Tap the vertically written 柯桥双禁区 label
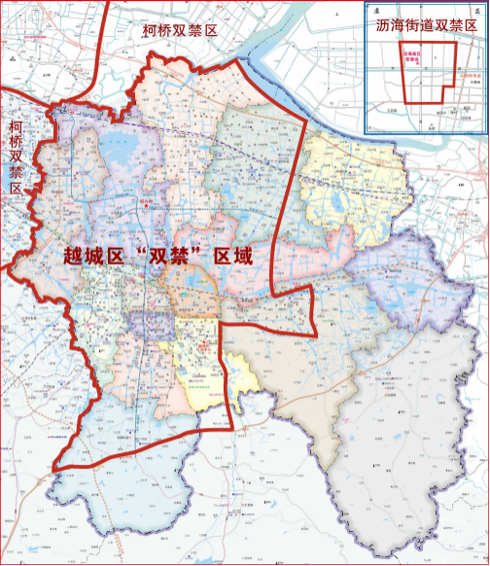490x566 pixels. tap(17, 157)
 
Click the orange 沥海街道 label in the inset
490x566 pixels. tap(464, 77)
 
